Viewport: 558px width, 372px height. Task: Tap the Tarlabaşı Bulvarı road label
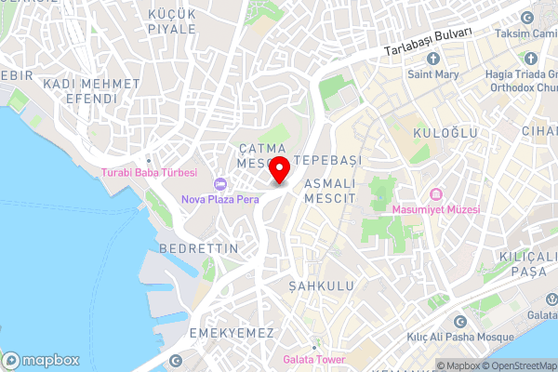pos(429,45)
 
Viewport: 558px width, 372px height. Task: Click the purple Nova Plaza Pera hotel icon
pos(220,183)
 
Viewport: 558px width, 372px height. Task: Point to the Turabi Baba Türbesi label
pos(149,173)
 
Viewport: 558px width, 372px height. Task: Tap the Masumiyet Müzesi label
pos(435,210)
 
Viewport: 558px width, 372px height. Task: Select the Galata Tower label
pos(314,360)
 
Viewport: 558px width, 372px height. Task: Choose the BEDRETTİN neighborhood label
pos(199,248)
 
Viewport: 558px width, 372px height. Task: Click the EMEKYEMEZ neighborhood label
pos(230,332)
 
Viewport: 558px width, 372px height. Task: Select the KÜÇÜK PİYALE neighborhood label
pos(172,21)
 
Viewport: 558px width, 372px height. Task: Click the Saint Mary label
pos(432,73)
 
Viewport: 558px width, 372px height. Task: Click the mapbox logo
pos(42,360)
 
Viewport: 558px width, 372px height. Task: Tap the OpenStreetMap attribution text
pos(516,365)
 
